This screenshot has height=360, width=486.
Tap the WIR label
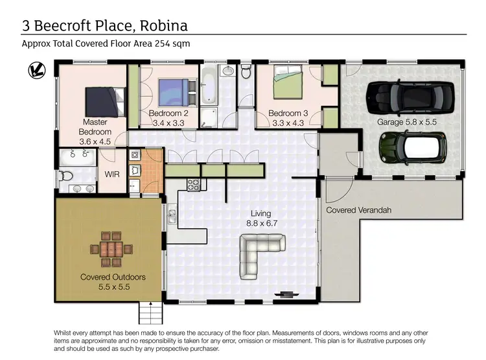point(111,174)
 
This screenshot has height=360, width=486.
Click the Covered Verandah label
point(358,210)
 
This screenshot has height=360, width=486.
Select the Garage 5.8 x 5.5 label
point(407,121)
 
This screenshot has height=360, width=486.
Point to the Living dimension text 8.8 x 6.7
point(261,222)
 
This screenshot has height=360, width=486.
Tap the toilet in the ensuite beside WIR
point(65,175)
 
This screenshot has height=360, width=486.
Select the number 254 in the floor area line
point(163,43)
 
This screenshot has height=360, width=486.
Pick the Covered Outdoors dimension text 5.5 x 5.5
point(113,285)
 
